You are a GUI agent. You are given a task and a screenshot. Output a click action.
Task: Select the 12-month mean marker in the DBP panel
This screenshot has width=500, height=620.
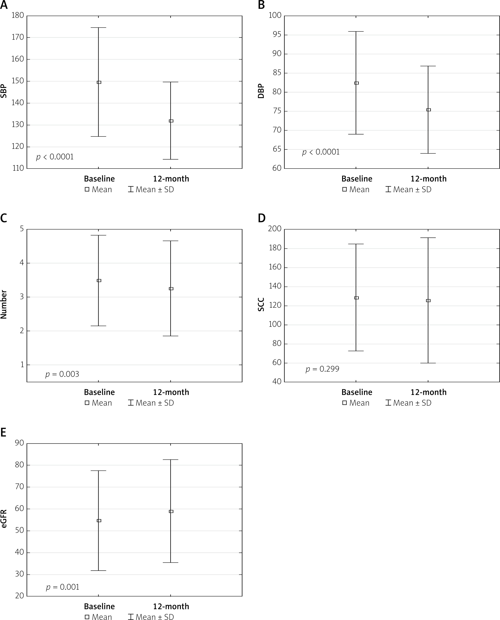[428, 110]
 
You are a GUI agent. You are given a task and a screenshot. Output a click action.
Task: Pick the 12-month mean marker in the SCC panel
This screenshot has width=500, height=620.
[428, 301]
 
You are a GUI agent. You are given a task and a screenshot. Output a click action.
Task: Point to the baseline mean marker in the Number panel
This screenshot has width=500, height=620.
[99, 280]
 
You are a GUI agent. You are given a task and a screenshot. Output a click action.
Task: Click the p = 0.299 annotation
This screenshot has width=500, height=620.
[322, 369]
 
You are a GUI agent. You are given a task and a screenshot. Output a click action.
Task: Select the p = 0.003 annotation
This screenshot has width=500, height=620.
[62, 374]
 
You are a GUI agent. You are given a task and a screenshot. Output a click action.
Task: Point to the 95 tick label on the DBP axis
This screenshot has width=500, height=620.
[275, 35]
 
